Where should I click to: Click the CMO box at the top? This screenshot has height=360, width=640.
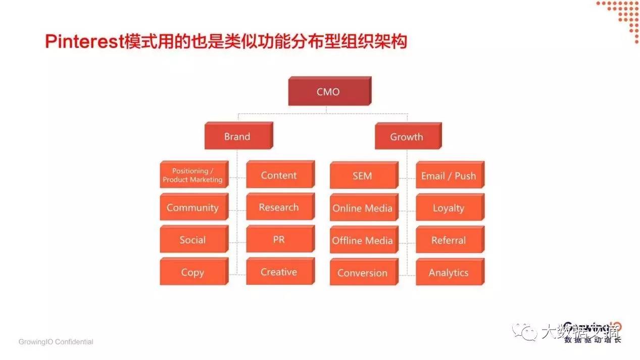pos(328,92)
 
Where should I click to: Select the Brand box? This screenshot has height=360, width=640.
pos(237,137)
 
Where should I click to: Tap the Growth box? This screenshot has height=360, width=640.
pos(407,137)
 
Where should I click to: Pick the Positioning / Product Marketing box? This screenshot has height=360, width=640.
pos(192,175)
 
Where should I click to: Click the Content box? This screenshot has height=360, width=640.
pos(279,175)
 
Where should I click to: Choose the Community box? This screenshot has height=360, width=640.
pos(192,208)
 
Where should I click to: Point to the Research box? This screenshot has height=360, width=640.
pos(279,208)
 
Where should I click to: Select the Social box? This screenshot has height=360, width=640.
pos(192,240)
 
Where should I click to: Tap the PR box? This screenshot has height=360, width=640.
pos(279,240)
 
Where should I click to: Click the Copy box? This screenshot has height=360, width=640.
pos(192,272)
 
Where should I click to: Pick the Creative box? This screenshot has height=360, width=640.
pos(279,272)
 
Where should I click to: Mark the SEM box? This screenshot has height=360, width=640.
pos(362,176)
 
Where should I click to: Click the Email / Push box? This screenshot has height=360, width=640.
pos(449,176)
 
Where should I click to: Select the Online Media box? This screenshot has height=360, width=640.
pos(362,208)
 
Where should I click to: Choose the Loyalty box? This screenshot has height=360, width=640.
pos(449,208)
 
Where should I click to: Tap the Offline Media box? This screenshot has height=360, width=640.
pos(362,240)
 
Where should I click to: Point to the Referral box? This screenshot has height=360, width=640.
pos(449,240)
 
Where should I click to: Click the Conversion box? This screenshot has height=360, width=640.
pos(362,273)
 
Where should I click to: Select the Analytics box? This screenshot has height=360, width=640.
pos(449,273)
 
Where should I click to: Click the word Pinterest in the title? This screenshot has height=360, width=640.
pos(84,41)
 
